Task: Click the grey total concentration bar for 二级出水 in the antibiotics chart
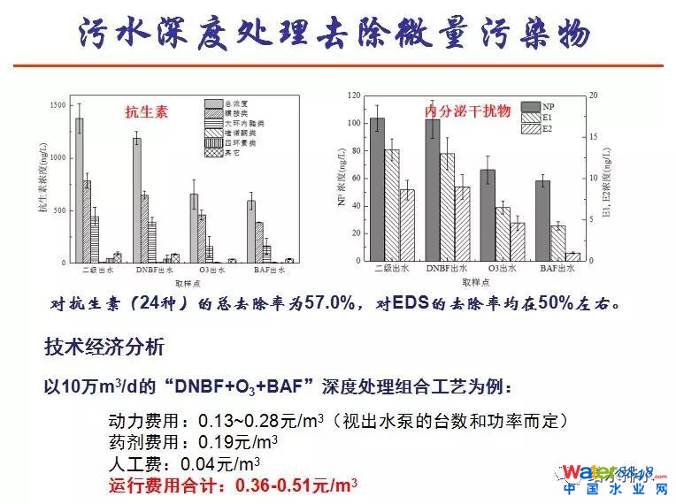click(x=79, y=190)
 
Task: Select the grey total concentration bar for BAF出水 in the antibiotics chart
click(x=251, y=232)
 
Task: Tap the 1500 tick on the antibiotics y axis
click(x=58, y=105)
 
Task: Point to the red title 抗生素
click(x=146, y=113)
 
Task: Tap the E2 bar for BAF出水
click(x=572, y=256)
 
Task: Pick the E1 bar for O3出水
click(x=503, y=234)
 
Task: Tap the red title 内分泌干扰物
click(x=455, y=111)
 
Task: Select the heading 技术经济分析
click(x=104, y=347)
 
